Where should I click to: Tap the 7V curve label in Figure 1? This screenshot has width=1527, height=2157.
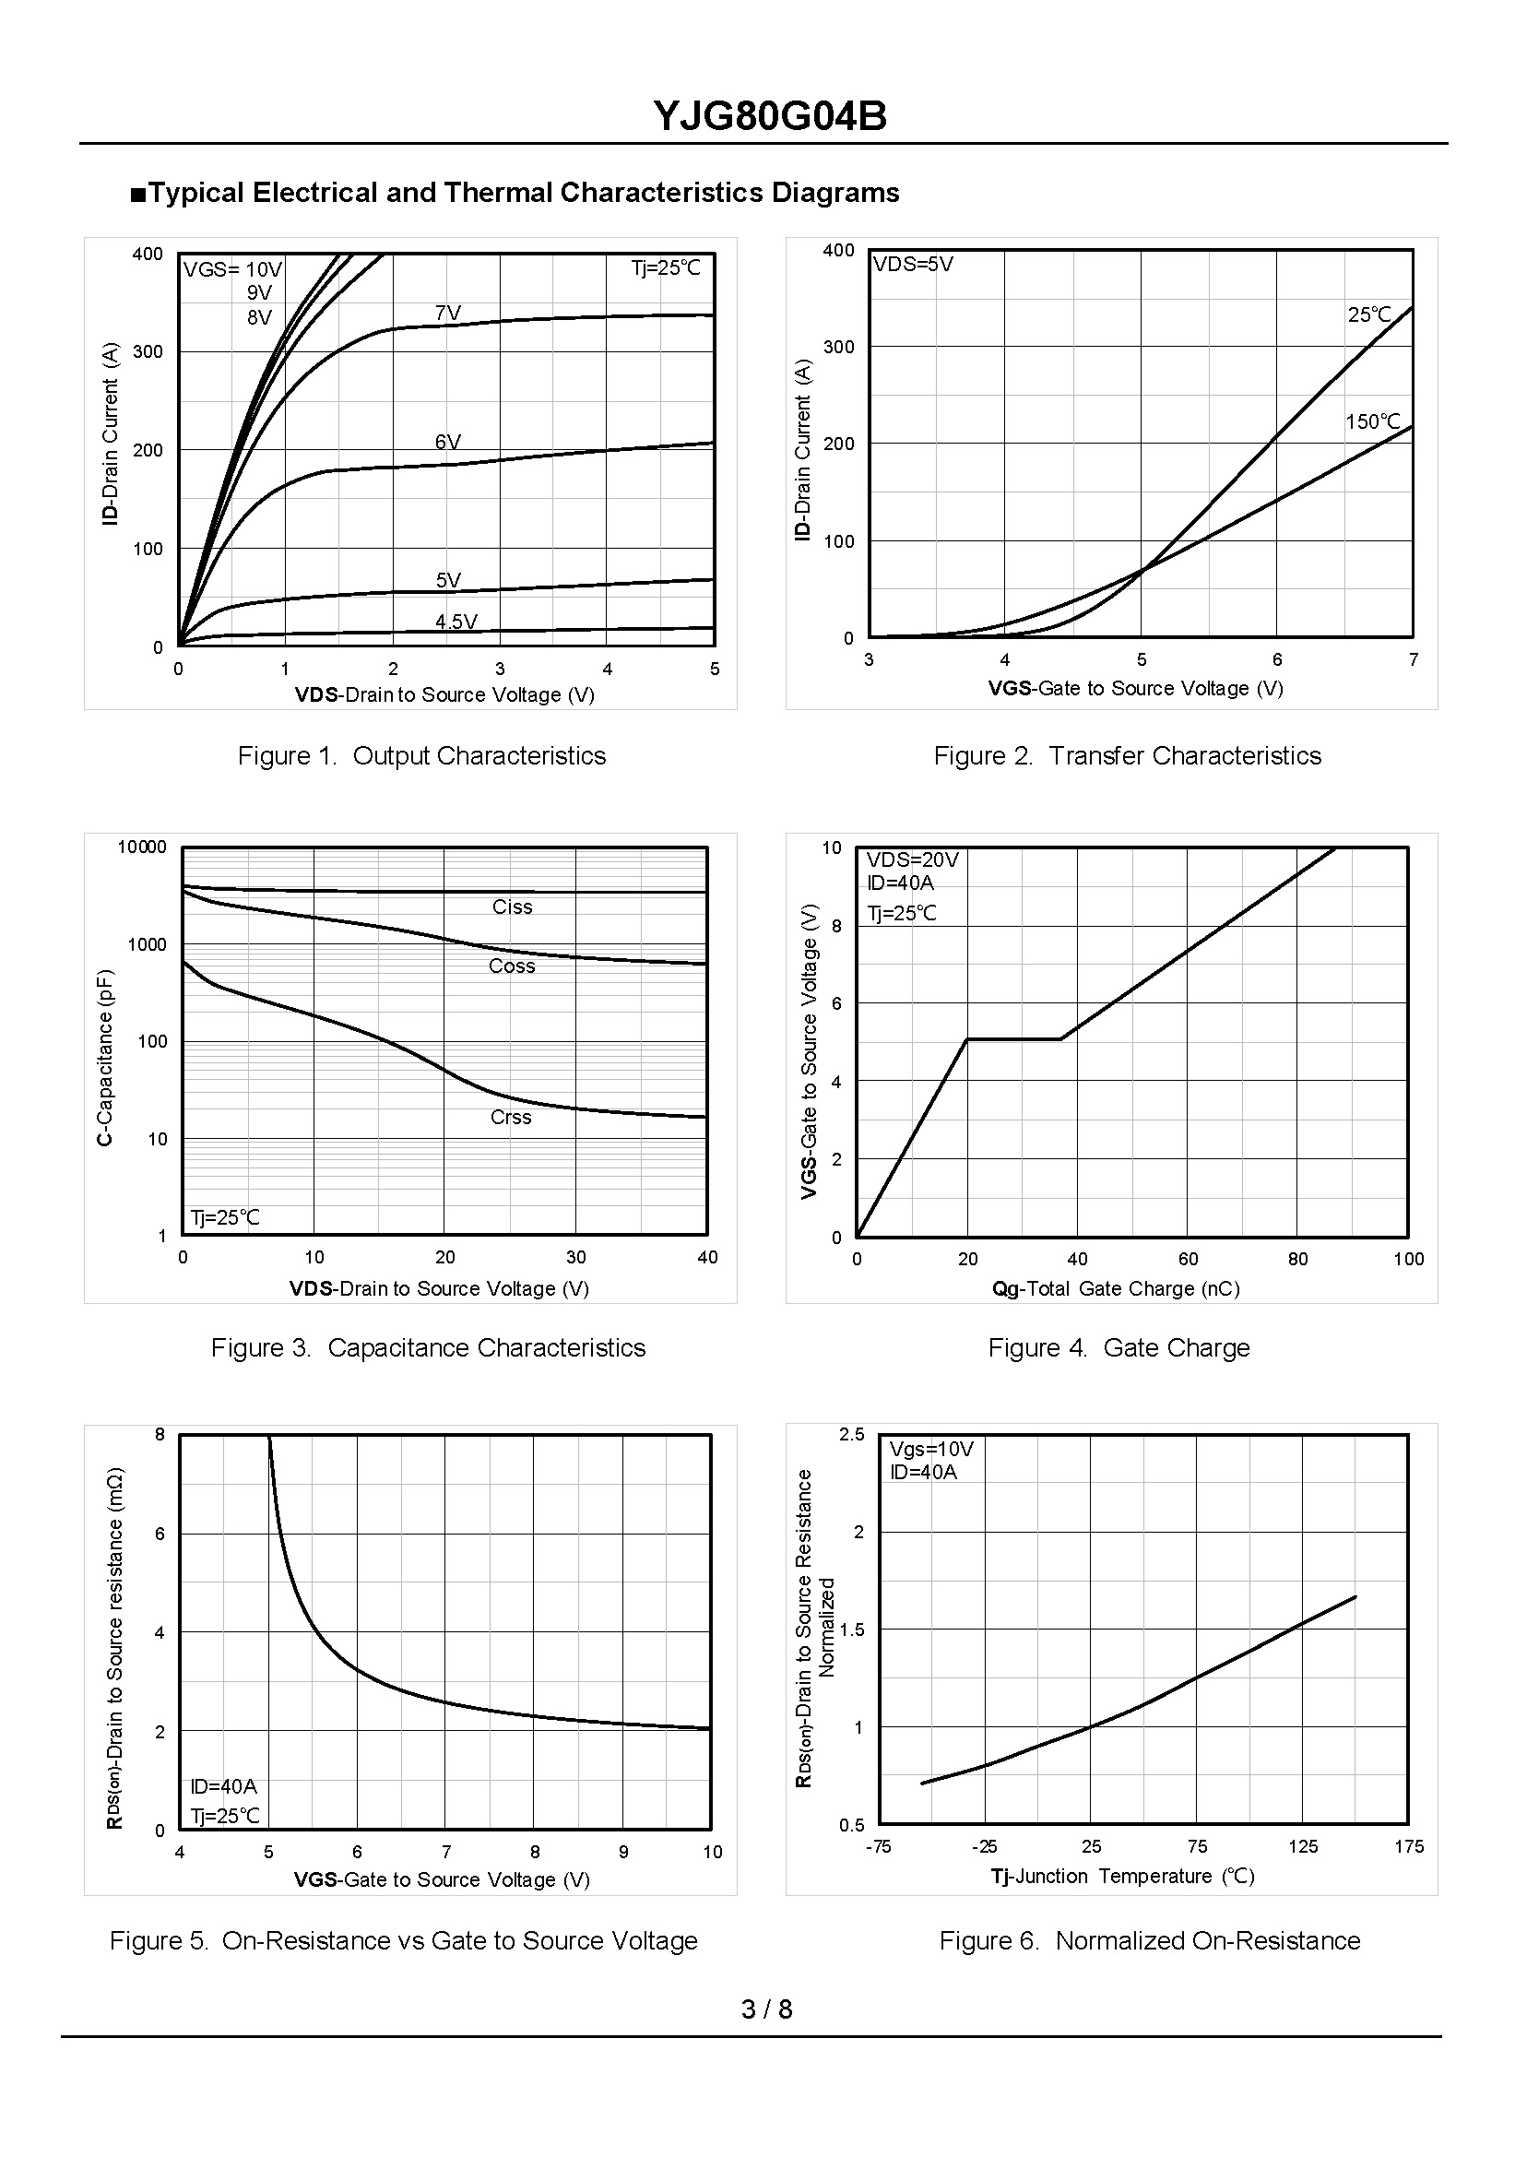click(447, 314)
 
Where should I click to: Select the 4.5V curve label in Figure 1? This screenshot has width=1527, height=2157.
click(456, 622)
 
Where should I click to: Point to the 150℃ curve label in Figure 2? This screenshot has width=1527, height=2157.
click(1372, 422)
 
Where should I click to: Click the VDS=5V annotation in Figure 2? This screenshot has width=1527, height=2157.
click(912, 265)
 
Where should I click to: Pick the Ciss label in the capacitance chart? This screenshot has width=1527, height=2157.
click(512, 907)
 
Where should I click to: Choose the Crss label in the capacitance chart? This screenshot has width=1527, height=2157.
click(511, 1117)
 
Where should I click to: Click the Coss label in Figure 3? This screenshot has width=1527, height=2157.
click(512, 966)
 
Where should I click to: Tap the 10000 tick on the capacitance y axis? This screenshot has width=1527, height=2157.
click(142, 847)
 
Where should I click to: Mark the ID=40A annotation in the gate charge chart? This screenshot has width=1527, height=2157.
click(900, 883)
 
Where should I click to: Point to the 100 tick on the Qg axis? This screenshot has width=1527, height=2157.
click(1407, 1259)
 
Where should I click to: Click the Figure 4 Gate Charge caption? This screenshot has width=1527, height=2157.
click(1118, 1347)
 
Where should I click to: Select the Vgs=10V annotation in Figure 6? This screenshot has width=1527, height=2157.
click(931, 1449)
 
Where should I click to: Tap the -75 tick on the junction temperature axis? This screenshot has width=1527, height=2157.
click(877, 1847)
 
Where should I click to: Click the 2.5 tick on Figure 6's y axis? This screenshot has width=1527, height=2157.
click(851, 1434)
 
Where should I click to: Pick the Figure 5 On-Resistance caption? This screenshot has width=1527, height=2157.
click(403, 1939)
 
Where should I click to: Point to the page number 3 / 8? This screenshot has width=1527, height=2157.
click(766, 2009)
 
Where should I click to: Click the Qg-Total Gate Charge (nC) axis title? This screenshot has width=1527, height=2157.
click(1115, 1288)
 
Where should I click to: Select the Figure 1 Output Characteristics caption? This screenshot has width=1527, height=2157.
click(421, 756)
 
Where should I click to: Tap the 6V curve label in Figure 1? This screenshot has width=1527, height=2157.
click(447, 442)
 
